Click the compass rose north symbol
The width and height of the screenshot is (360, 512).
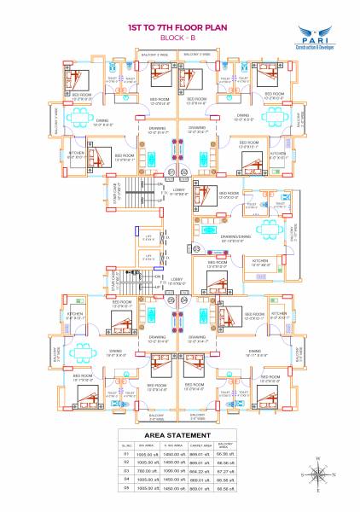316,466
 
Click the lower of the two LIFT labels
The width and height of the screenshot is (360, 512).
150,254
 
